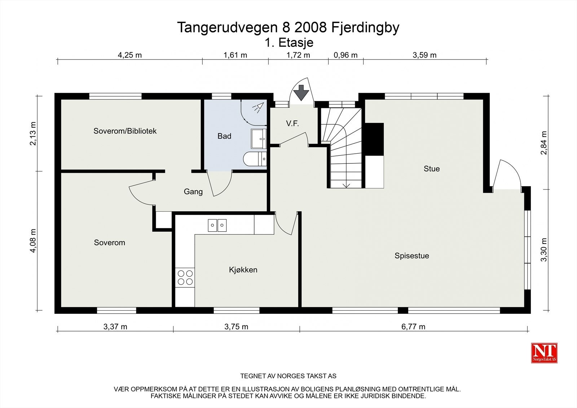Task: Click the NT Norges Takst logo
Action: (x=544, y=353)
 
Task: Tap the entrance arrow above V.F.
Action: (x=301, y=93)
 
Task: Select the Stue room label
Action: (x=432, y=169)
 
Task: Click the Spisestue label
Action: (x=412, y=256)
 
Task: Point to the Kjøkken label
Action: (x=243, y=270)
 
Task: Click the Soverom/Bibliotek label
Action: (x=125, y=131)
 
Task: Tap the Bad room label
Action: (x=224, y=136)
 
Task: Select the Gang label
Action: (x=193, y=192)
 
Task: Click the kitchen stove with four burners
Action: (x=185, y=277)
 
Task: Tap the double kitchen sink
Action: (x=217, y=225)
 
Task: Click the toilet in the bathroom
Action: (x=255, y=159)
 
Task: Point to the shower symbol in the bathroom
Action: (x=258, y=108)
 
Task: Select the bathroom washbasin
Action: (x=259, y=139)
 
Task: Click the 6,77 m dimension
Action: (x=413, y=327)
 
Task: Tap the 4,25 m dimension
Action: (x=130, y=55)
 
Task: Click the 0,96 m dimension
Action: (x=345, y=55)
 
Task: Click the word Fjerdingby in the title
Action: (x=365, y=27)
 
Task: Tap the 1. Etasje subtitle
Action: (x=289, y=43)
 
